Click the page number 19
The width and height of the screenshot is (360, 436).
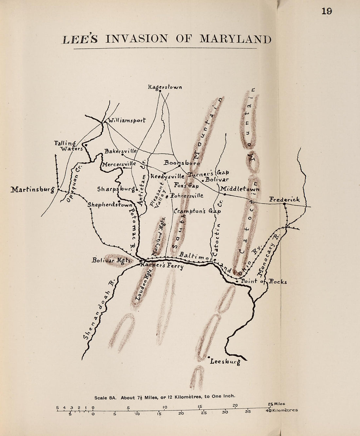point(326,11)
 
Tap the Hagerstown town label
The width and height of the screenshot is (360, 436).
point(165,87)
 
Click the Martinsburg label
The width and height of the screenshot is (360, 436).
point(32,190)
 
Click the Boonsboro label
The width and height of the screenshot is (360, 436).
point(182,163)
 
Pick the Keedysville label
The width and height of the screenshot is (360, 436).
point(167,176)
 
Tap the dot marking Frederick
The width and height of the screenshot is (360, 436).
point(284,204)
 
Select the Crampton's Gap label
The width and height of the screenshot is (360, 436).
point(197,211)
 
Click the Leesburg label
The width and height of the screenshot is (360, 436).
point(225,362)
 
